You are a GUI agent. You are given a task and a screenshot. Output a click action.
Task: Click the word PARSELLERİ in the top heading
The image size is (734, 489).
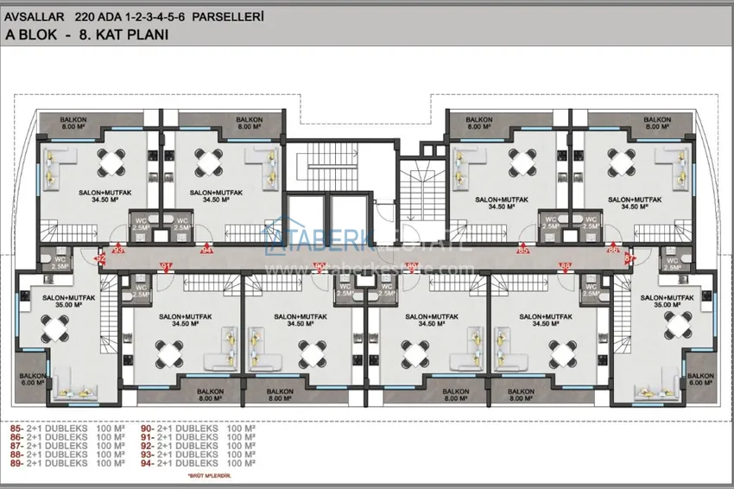pyautogui.click(x=228, y=16)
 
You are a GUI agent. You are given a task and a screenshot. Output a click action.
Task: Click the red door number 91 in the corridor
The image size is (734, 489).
pyautogui.click(x=168, y=266)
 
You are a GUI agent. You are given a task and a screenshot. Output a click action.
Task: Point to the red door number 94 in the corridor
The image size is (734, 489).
pyautogui.click(x=206, y=251)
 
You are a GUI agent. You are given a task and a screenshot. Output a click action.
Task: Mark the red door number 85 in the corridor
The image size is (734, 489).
pyautogui.click(x=522, y=251)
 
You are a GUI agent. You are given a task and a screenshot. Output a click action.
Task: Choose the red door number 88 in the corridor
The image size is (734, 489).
pyautogui.click(x=566, y=266)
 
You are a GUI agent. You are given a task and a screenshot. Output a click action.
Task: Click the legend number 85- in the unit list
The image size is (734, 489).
pyautogui.click(x=16, y=429)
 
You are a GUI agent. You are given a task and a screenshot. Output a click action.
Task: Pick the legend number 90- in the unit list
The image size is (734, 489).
pyautogui.click(x=147, y=429)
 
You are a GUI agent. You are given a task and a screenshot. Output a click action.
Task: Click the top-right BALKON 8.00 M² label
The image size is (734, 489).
pyautogui.click(x=656, y=123)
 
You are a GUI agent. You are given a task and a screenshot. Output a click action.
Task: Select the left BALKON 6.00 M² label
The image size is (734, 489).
pyautogui.click(x=33, y=379)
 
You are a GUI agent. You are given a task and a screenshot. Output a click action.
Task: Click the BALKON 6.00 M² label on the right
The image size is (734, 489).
pyautogui.click(x=699, y=379)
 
